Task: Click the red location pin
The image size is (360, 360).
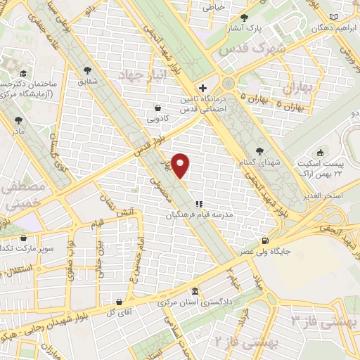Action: point(181,165)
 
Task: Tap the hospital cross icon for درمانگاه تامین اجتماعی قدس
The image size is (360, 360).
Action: point(203,89)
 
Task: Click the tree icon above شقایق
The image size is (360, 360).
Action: point(87,70)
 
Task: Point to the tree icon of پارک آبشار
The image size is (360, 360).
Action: point(244,18)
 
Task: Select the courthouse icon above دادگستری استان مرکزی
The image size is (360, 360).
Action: point(195,292)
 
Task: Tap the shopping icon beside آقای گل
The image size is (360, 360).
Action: point(119,303)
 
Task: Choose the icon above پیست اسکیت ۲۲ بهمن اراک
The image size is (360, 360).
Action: point(321,153)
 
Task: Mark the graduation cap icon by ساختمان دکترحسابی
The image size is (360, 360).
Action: point(23,73)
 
